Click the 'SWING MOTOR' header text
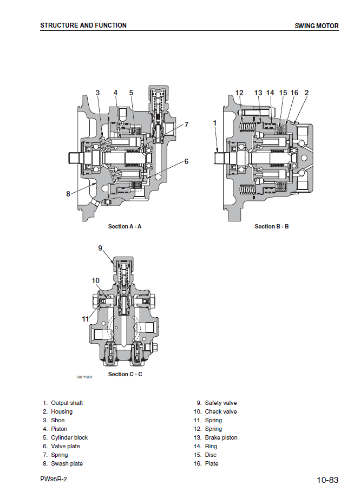(317, 26)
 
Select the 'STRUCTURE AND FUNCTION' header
(83, 25)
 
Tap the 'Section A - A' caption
(125, 226)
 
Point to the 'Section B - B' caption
(271, 226)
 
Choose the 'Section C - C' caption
(125, 374)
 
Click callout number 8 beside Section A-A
(68, 194)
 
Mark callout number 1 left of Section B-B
(214, 123)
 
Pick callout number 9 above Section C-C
(100, 248)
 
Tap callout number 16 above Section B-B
(294, 93)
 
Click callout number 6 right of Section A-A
(186, 161)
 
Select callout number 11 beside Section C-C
(86, 319)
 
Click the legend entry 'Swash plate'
(67, 463)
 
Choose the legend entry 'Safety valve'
(220, 403)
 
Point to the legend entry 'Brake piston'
(221, 437)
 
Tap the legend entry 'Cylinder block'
(69, 437)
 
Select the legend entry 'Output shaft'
(67, 403)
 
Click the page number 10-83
(328, 480)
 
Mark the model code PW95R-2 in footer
(54, 479)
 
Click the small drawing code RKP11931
(84, 377)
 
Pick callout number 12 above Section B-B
(239, 93)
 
